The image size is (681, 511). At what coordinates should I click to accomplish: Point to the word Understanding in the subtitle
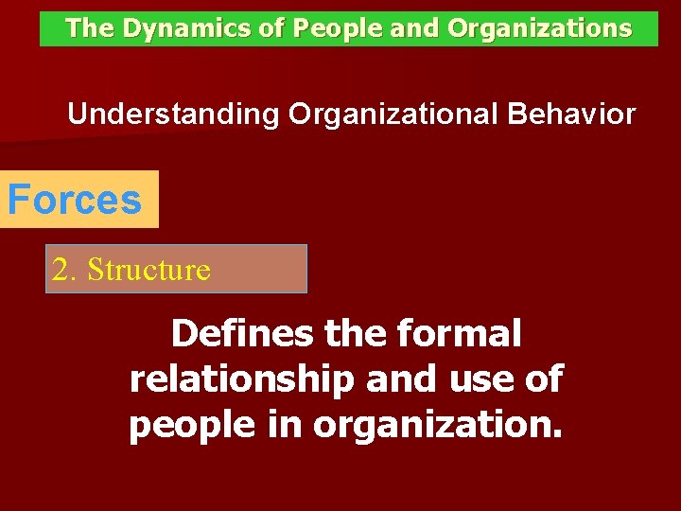pos(173,115)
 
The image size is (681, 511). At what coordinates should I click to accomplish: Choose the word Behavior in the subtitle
pos(571,115)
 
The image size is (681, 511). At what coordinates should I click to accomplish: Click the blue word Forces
pos(75,200)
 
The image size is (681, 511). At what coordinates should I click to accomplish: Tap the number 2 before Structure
pos(62,270)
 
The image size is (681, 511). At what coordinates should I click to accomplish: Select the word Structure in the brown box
pos(148,270)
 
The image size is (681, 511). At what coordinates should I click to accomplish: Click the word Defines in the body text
pos(243,333)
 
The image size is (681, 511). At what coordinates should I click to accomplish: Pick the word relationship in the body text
pos(241,379)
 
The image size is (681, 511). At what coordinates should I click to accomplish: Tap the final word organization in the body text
pos(437,426)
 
